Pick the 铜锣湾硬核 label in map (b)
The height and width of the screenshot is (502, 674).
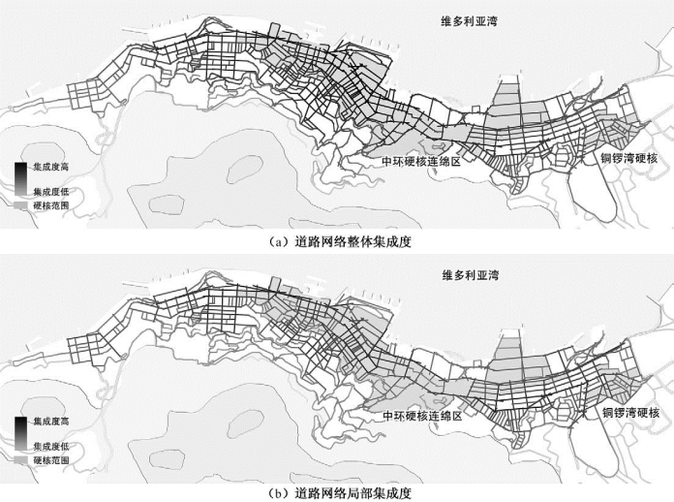629,413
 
